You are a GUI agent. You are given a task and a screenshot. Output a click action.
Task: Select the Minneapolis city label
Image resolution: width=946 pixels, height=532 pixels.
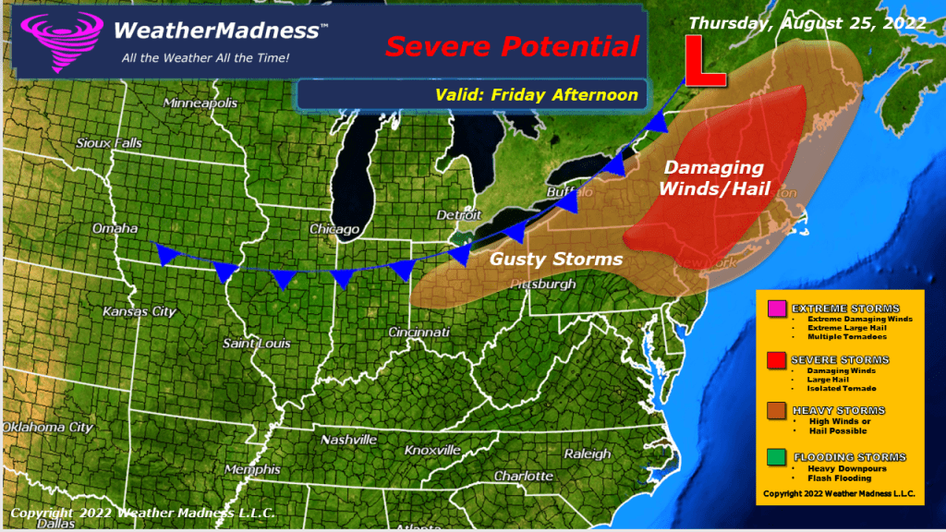click(201, 103)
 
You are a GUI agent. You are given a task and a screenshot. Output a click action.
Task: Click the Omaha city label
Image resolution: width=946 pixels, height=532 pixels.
click(115, 228)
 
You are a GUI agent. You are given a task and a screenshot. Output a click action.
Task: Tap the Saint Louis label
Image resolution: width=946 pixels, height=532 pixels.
click(256, 344)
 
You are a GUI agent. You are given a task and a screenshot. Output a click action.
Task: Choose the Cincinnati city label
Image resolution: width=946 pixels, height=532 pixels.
click(418, 332)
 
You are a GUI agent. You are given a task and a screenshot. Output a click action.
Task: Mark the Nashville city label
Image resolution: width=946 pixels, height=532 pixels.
click(348, 440)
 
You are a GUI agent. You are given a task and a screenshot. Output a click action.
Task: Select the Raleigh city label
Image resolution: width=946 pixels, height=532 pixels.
click(588, 453)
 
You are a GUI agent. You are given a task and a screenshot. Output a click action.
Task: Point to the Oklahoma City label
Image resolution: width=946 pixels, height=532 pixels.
click(47, 428)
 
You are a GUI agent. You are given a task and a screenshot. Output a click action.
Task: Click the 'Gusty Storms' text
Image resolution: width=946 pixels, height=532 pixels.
click(556, 260)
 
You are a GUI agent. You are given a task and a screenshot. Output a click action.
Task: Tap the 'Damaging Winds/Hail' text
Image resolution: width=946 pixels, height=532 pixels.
click(715, 177)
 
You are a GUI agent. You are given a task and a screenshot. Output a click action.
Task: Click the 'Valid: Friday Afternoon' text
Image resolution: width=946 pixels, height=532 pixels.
click(537, 95)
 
